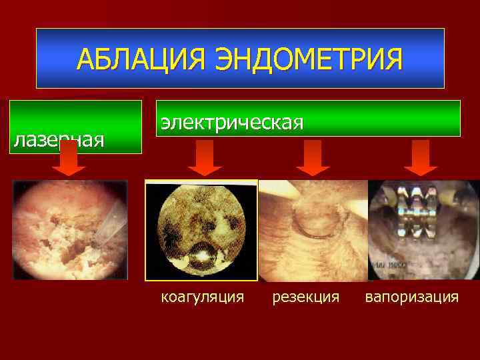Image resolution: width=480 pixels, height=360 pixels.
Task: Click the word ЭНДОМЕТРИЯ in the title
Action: [309, 59]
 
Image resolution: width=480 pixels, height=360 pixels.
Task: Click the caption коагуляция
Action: [203, 296]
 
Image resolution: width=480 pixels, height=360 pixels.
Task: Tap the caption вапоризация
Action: [411, 296]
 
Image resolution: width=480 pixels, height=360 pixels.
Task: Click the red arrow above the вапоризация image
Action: [421, 159]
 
